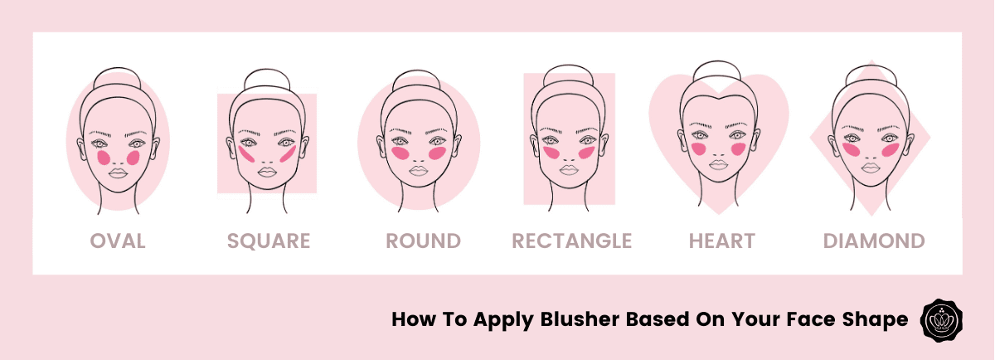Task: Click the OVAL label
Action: tap(118, 241)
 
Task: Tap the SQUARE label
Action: tap(269, 241)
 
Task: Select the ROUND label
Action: tap(424, 241)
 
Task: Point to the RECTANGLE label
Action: tap(571, 241)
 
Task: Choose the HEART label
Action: tap(722, 241)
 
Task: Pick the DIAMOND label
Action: tap(874, 241)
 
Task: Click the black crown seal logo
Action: tap(941, 320)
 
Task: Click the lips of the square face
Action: tap(267, 172)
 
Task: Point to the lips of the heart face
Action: tap(718, 165)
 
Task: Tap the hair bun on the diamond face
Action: tap(870, 75)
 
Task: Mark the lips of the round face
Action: tap(419, 171)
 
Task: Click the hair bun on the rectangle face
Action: tap(568, 75)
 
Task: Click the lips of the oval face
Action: tap(118, 173)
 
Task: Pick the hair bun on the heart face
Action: tap(717, 71)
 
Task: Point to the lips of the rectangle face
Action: tap(569, 170)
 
